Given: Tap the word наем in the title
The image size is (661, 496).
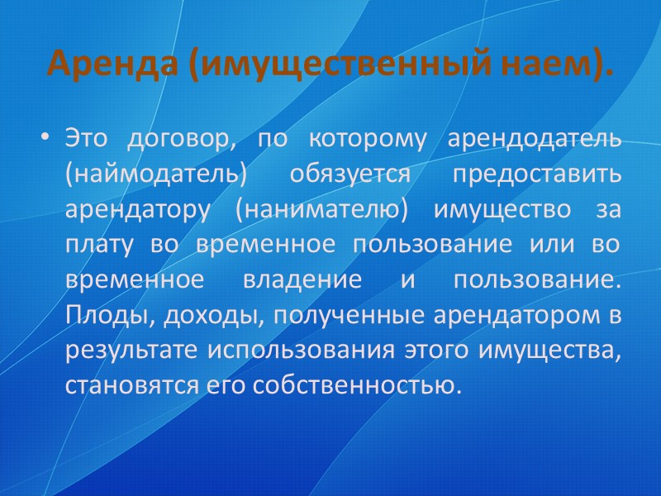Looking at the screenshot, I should coord(554,62).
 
